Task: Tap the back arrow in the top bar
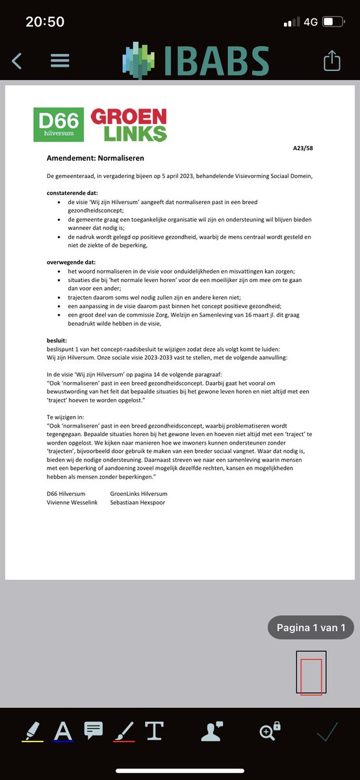(x=17, y=60)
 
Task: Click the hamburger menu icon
(x=60, y=60)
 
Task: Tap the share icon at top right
(x=331, y=60)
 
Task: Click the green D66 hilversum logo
(x=59, y=124)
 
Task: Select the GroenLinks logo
(x=129, y=125)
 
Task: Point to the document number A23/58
(x=303, y=149)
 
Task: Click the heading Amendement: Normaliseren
(x=96, y=158)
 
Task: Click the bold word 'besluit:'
(x=57, y=340)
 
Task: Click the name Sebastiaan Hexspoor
(x=138, y=502)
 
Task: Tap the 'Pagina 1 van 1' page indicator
(x=311, y=627)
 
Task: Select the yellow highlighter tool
(x=32, y=731)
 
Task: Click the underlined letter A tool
(x=63, y=731)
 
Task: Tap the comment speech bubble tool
(x=94, y=729)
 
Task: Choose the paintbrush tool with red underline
(x=123, y=731)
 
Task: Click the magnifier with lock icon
(x=270, y=731)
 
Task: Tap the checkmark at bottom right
(x=328, y=731)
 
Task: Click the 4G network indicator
(x=311, y=22)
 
